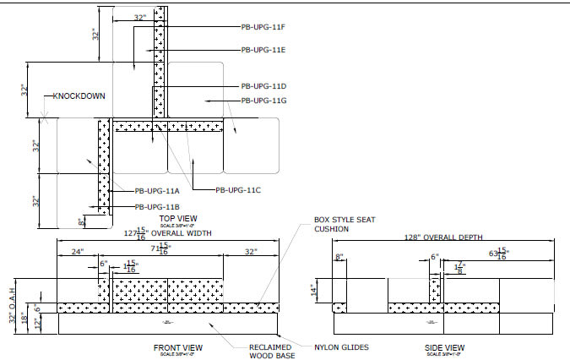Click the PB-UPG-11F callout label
[x=264, y=27]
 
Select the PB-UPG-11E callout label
[x=264, y=50]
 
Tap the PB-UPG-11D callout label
[x=264, y=86]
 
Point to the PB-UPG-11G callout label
[x=264, y=101]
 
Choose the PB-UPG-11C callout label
[x=239, y=190]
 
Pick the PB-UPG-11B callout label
[x=157, y=206]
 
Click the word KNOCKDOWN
[x=79, y=96]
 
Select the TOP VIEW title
[x=179, y=218]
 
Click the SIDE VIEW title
[x=444, y=347]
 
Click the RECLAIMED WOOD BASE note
[x=271, y=352]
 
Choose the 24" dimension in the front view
[x=77, y=251]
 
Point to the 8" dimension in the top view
[x=81, y=221]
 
